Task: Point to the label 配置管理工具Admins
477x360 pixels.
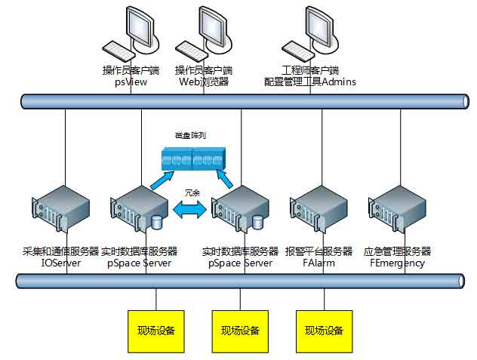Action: [x=309, y=82]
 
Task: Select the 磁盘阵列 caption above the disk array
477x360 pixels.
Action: [x=191, y=136]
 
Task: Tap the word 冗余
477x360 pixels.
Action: [x=191, y=193]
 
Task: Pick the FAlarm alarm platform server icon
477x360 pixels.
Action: [x=317, y=213]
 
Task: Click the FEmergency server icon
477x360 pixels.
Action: [x=400, y=213]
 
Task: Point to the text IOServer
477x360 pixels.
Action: [x=60, y=263]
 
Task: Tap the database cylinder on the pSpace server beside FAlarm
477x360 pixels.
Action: [x=257, y=223]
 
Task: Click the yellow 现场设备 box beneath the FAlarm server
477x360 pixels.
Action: [x=324, y=331]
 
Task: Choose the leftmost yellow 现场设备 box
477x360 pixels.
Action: [x=156, y=331]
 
